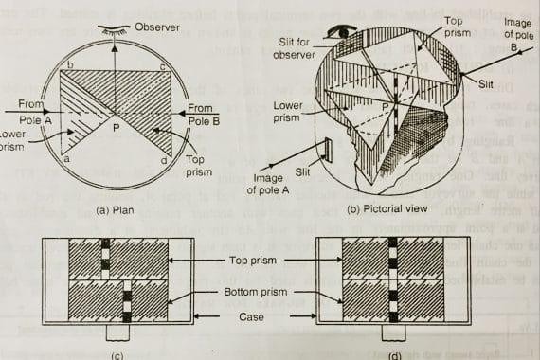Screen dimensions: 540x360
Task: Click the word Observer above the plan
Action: click(x=156, y=26)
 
